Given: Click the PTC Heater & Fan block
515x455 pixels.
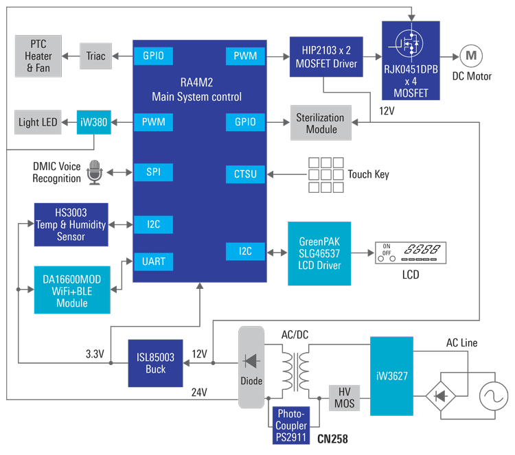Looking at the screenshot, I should [38, 56].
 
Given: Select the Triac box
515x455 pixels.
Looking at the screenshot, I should [97, 56].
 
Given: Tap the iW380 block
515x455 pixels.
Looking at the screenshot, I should [93, 122].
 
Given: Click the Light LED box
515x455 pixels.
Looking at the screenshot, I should [38, 122].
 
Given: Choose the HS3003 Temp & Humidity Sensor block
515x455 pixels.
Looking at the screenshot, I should [71, 224].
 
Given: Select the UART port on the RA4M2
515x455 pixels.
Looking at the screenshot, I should [153, 261].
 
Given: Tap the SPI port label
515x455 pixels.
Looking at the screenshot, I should [153, 172].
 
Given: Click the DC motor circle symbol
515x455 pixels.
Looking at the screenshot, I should [470, 56].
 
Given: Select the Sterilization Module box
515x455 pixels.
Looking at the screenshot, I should [320, 123].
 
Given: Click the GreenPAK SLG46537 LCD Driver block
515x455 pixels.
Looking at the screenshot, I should [319, 253].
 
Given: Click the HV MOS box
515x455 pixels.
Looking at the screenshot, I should [345, 397].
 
